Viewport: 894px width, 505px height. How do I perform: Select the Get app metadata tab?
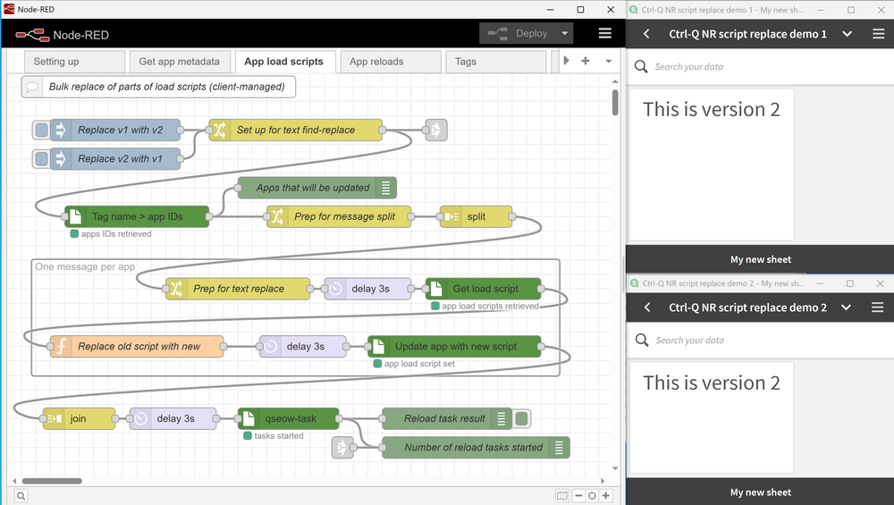pyautogui.click(x=179, y=62)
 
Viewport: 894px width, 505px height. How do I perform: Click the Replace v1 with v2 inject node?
pyautogui.click(x=120, y=130)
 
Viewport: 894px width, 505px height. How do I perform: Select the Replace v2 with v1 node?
pyautogui.click(x=120, y=159)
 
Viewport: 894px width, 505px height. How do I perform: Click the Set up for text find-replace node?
pyautogui.click(x=295, y=130)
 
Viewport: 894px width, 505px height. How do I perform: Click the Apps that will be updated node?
pyautogui.click(x=312, y=188)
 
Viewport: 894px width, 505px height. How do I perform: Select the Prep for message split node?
pyautogui.click(x=344, y=216)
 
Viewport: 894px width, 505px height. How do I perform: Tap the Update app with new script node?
pyautogui.click(x=455, y=346)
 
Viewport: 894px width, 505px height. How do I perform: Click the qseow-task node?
pyautogui.click(x=290, y=418)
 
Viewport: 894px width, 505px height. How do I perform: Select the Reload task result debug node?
pyautogui.click(x=443, y=418)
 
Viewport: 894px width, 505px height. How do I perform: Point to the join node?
pyautogui.click(x=78, y=418)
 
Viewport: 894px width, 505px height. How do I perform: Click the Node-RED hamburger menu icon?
pyautogui.click(x=605, y=34)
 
